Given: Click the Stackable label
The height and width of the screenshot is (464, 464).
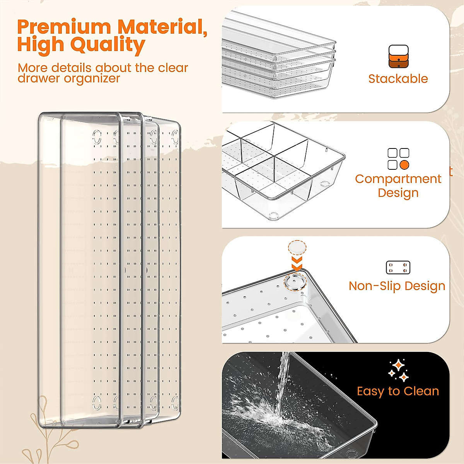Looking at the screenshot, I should click(398, 79).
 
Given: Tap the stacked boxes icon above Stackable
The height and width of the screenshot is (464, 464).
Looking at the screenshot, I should click(398, 57).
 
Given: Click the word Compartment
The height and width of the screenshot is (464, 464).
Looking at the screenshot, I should click(398, 179).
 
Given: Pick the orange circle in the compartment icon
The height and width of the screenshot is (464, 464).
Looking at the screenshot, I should click(404, 165).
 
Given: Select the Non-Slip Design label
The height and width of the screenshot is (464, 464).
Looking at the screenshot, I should click(397, 286).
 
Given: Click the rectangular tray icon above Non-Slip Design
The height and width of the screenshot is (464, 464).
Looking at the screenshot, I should click(398, 268).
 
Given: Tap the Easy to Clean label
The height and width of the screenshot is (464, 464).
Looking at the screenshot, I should click(398, 391).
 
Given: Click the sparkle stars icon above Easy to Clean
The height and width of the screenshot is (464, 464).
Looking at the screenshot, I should click(398, 370).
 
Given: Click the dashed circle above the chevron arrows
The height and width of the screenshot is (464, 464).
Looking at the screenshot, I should click(297, 248).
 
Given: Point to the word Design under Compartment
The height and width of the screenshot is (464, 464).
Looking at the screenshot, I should click(398, 193).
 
